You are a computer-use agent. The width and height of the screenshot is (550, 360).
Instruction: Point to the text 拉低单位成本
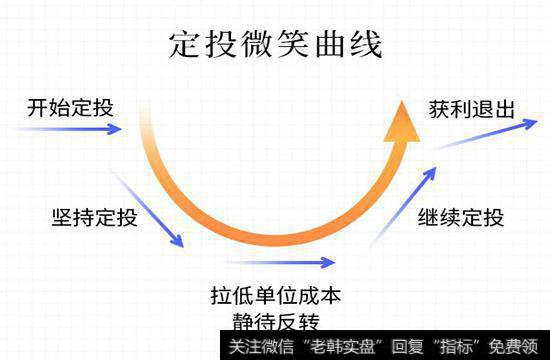(275, 297)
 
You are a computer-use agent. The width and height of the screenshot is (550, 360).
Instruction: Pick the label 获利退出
(470, 107)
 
